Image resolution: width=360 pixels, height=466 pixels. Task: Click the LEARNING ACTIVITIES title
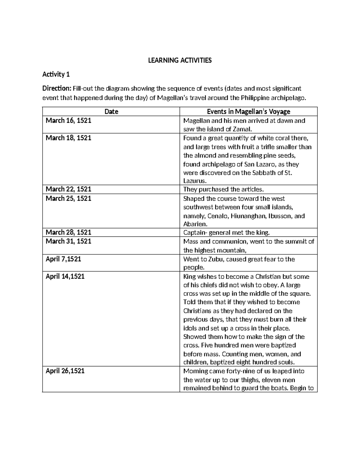180,60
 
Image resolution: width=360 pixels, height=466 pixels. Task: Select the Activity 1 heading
56,74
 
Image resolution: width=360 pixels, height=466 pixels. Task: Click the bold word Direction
56,88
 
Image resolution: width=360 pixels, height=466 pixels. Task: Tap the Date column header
111,112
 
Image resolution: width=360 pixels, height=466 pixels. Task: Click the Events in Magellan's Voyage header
248,112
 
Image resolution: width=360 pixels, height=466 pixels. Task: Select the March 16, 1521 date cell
68,121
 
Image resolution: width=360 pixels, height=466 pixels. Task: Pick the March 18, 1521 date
68,138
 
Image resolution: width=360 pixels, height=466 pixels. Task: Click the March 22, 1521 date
68,189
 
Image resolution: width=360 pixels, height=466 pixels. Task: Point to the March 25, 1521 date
68,198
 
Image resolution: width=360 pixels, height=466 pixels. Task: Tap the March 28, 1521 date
68,232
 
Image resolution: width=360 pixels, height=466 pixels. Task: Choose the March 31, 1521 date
68,241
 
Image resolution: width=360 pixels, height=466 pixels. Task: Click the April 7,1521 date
63,259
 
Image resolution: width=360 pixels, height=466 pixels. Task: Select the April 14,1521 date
65,276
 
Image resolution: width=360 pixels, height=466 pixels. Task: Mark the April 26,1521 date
65,371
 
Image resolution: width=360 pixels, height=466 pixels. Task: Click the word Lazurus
194,181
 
